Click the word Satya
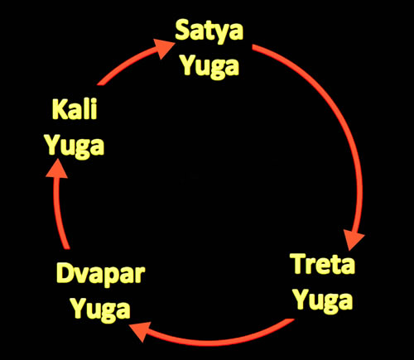coord(209,31)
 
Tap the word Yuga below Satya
coord(210,67)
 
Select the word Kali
coord(75,109)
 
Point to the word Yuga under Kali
coord(75,146)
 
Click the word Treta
coord(324,264)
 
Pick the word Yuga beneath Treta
coord(324,301)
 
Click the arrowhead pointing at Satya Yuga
coord(163,48)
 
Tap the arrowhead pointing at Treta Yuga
coord(354,239)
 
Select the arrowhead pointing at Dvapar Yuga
coord(140,331)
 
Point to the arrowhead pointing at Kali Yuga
coord(57,169)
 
